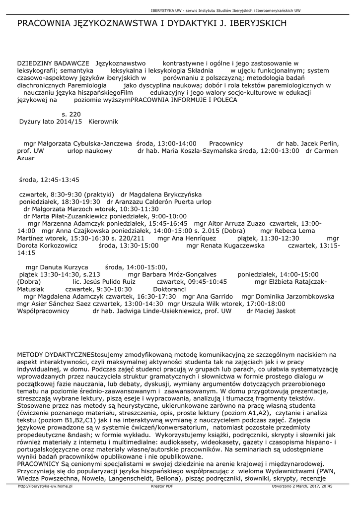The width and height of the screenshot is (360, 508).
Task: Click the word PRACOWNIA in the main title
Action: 43,23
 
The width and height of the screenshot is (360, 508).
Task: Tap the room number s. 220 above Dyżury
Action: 71,114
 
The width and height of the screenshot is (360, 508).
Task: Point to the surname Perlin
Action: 327,143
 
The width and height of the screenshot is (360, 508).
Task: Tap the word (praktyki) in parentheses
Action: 99,194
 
